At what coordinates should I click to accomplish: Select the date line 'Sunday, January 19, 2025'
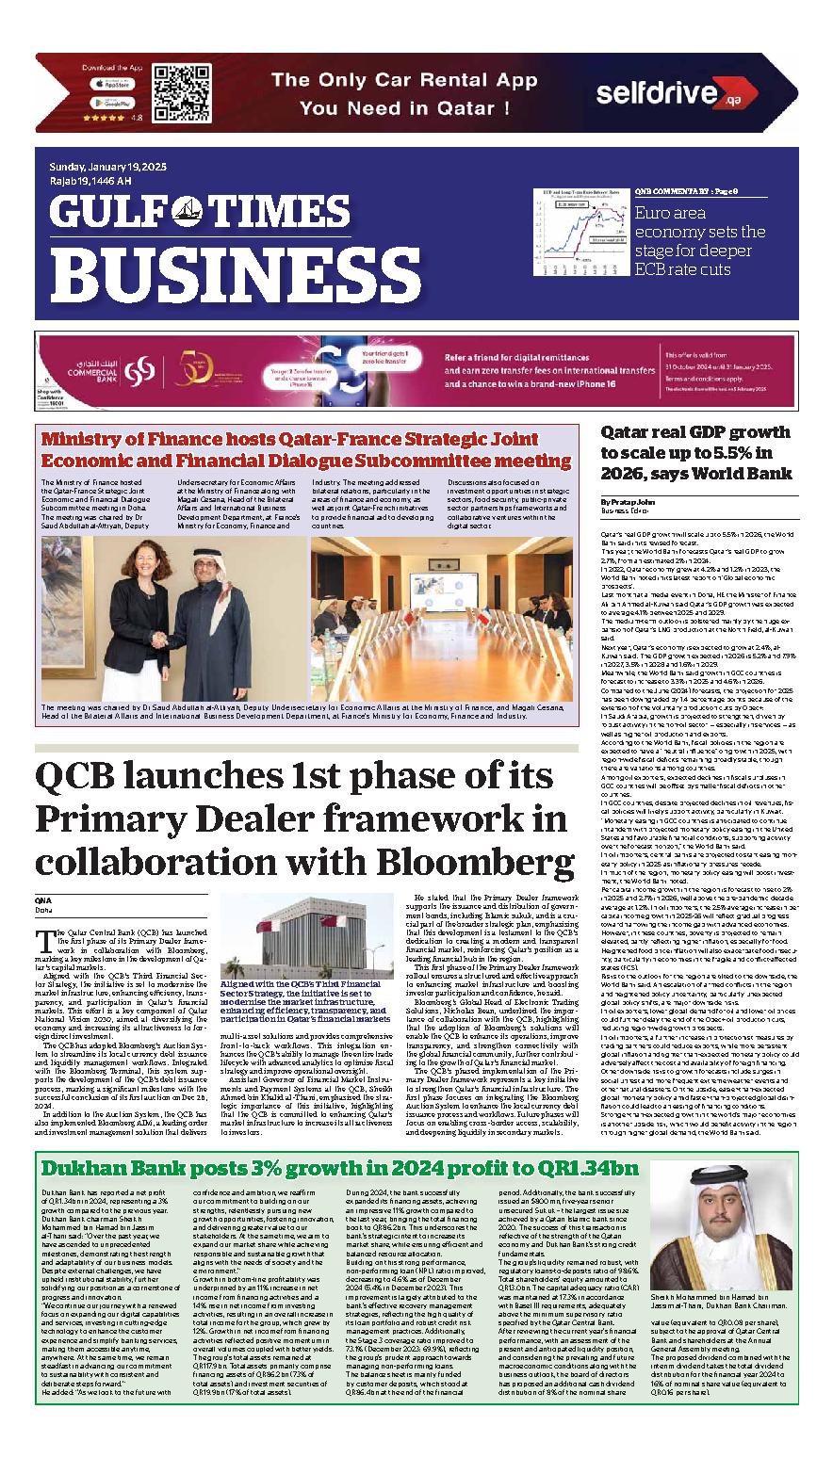[x=108, y=167]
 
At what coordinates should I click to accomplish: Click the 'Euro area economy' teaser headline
[x=701, y=241]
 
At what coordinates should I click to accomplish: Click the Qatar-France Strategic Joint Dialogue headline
[x=307, y=449]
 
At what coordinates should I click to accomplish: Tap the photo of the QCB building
[x=306, y=933]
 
